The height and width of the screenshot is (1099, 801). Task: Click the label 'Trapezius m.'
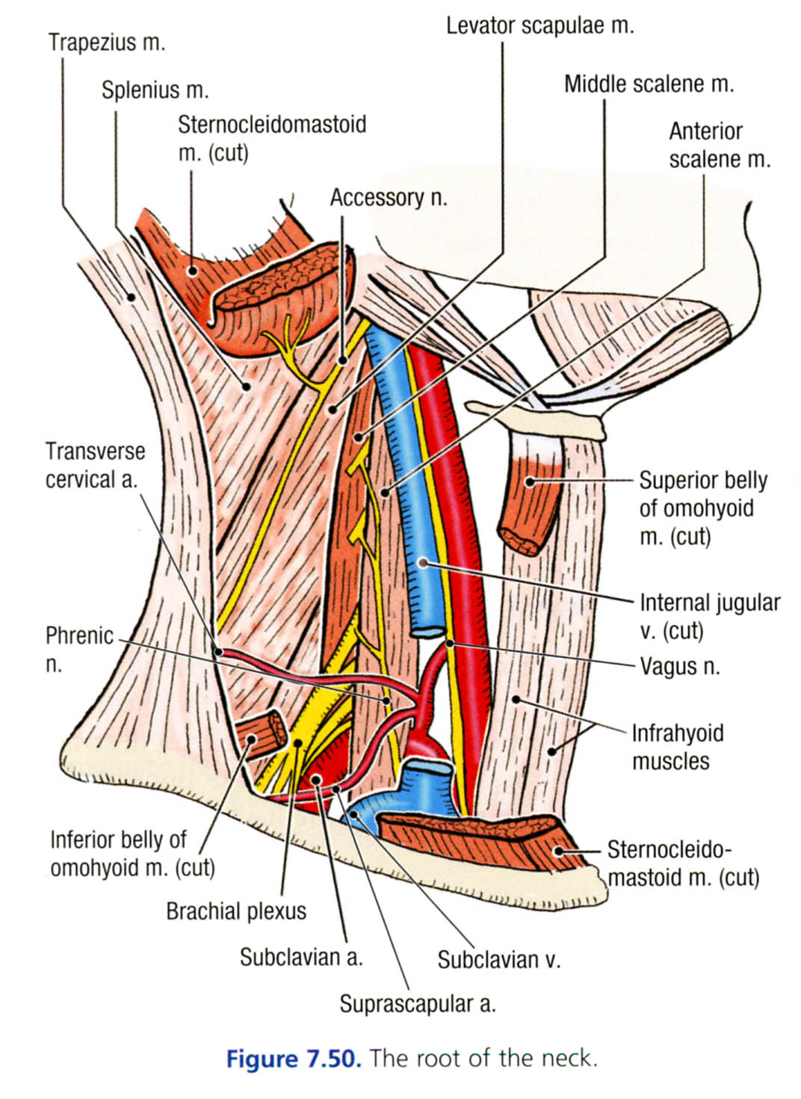107,42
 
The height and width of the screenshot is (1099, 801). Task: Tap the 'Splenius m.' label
155,90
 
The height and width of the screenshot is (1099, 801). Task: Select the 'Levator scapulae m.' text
539,26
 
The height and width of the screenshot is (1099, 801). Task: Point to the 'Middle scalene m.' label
649,84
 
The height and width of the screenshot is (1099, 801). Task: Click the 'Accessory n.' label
389,197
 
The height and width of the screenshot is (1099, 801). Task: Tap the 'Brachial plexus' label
236,911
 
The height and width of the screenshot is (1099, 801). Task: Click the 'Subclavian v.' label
498,959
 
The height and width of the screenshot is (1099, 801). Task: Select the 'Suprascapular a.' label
417,1003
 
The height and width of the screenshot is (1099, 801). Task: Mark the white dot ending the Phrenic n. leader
386,701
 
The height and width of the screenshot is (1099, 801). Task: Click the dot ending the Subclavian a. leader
317,780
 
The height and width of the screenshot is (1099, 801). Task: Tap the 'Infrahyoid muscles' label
677,746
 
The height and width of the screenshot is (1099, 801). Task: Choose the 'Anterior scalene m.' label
719,145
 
